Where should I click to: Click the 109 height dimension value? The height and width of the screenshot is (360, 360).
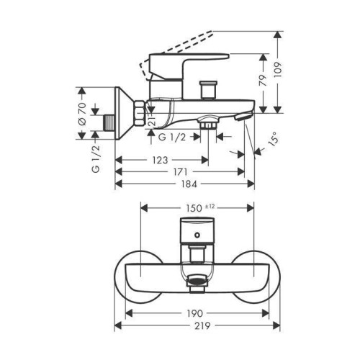pos(278,70)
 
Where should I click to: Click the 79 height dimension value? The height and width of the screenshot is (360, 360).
pos(264,80)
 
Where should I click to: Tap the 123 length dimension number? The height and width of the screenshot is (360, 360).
pos(160,160)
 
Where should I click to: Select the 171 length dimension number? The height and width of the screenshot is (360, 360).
pos(180,172)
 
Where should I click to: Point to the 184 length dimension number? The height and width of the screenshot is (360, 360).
pos(189,184)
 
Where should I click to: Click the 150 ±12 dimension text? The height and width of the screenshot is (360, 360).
pos(199,207)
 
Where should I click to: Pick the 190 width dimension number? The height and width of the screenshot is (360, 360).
pos(194,313)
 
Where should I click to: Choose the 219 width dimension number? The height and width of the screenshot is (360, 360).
pos(202,325)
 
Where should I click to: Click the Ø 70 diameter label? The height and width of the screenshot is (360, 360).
pos(82,114)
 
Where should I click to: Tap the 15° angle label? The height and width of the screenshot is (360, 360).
pos(274,138)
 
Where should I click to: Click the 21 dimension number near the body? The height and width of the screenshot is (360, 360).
pos(152,121)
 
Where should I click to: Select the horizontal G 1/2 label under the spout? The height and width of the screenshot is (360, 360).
pos(172,138)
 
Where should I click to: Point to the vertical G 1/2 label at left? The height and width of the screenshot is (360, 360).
pos(96,159)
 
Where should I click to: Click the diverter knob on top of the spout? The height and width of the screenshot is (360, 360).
pos(208,90)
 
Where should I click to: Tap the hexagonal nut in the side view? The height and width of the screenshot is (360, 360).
pos(140,113)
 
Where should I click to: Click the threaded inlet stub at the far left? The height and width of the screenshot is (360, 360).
pos(109,122)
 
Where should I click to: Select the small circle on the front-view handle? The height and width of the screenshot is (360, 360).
pos(197,235)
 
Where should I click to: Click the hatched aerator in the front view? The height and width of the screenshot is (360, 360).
pos(197,279)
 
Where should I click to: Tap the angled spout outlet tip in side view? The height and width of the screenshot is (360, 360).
pos(243,117)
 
